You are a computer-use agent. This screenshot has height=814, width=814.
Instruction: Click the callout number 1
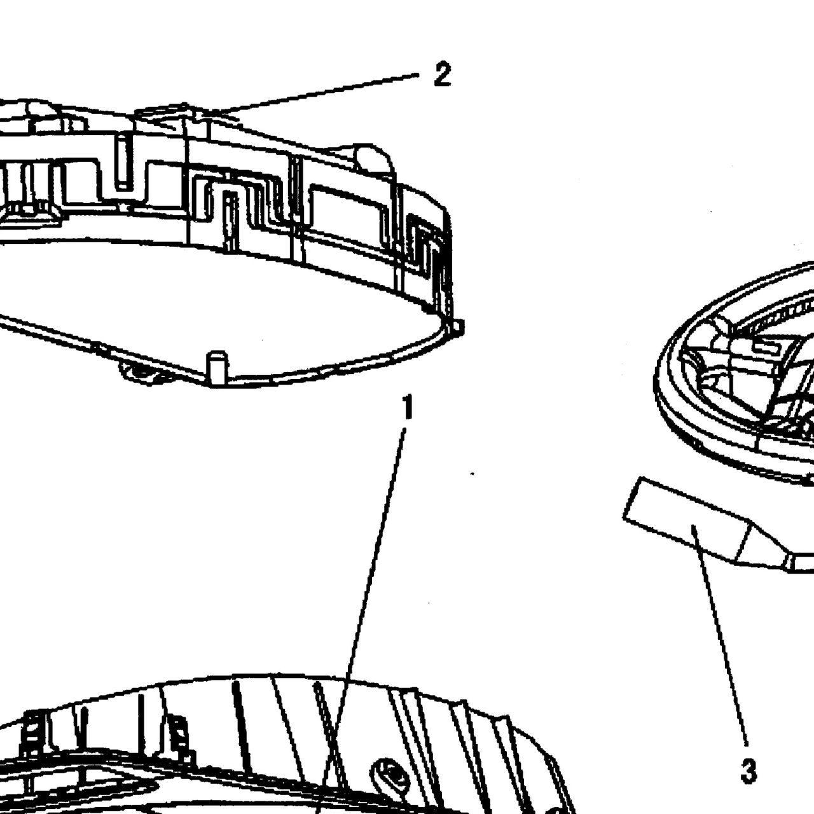407,406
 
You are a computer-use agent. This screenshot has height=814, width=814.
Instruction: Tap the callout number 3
748,769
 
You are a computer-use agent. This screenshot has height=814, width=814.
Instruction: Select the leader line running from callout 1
361,619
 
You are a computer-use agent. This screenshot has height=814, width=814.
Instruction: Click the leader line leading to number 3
719,636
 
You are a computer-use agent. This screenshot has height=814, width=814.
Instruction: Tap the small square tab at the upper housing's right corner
458,327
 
